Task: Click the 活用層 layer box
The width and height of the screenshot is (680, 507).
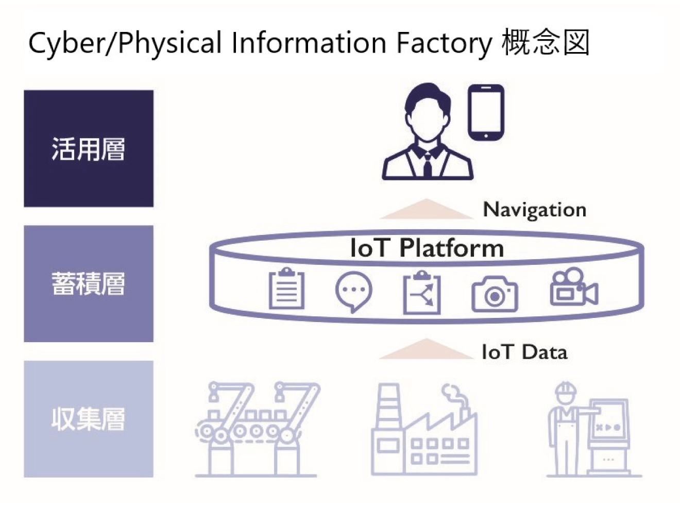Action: click(89, 148)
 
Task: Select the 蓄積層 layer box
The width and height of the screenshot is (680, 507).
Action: click(89, 284)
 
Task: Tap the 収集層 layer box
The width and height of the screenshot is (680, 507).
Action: click(89, 419)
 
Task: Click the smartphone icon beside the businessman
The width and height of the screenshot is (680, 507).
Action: click(486, 112)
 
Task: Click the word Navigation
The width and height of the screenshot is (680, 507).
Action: click(535, 210)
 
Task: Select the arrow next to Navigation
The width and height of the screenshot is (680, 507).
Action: click(427, 209)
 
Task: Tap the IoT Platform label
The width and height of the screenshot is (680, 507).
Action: click(427, 248)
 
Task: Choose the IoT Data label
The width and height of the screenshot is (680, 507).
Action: click(524, 352)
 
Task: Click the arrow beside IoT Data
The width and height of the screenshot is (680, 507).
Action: click(427, 348)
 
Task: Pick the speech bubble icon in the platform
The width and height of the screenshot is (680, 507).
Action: click(353, 292)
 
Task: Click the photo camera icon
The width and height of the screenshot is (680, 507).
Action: click(495, 293)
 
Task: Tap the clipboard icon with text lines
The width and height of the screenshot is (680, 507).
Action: click(286, 289)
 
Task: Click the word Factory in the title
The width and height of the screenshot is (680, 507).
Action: click(444, 43)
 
